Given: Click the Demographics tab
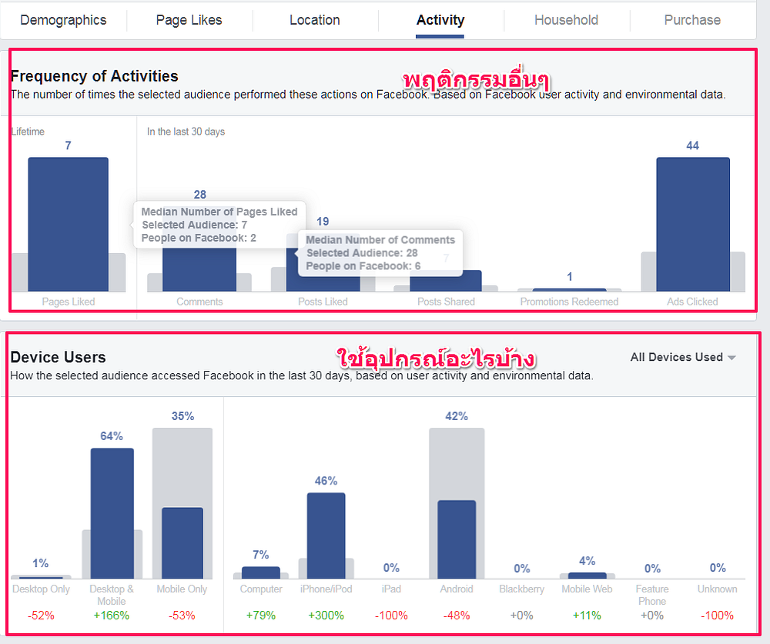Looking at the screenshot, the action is tap(63, 20).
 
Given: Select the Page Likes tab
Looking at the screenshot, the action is tap(189, 20).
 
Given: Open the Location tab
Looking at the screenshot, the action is tap(315, 20).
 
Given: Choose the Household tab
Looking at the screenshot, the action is tap(566, 20).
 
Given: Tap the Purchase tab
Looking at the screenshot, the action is tap(692, 20).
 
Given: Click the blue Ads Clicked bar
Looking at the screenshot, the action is tap(693, 225).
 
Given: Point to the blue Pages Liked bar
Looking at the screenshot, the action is tap(69, 225).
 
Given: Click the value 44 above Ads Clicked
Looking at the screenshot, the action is tap(692, 145).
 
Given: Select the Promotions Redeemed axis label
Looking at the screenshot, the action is tap(569, 302).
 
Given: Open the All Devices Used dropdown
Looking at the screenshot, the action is tap(683, 357).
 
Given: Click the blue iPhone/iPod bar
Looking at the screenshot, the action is tap(326, 536).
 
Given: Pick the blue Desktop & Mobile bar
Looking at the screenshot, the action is tap(112, 513).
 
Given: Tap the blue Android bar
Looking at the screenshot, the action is tap(457, 539).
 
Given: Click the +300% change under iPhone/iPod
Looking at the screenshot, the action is tap(326, 616).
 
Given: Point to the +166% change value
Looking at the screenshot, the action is tap(112, 616).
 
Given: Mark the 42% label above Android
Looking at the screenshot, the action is tap(457, 416).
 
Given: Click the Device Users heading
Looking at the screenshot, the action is tap(58, 357).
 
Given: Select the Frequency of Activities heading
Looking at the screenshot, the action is tap(94, 76).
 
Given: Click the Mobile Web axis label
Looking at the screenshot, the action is tap(587, 589).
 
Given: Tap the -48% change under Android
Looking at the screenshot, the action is tap(457, 616).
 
